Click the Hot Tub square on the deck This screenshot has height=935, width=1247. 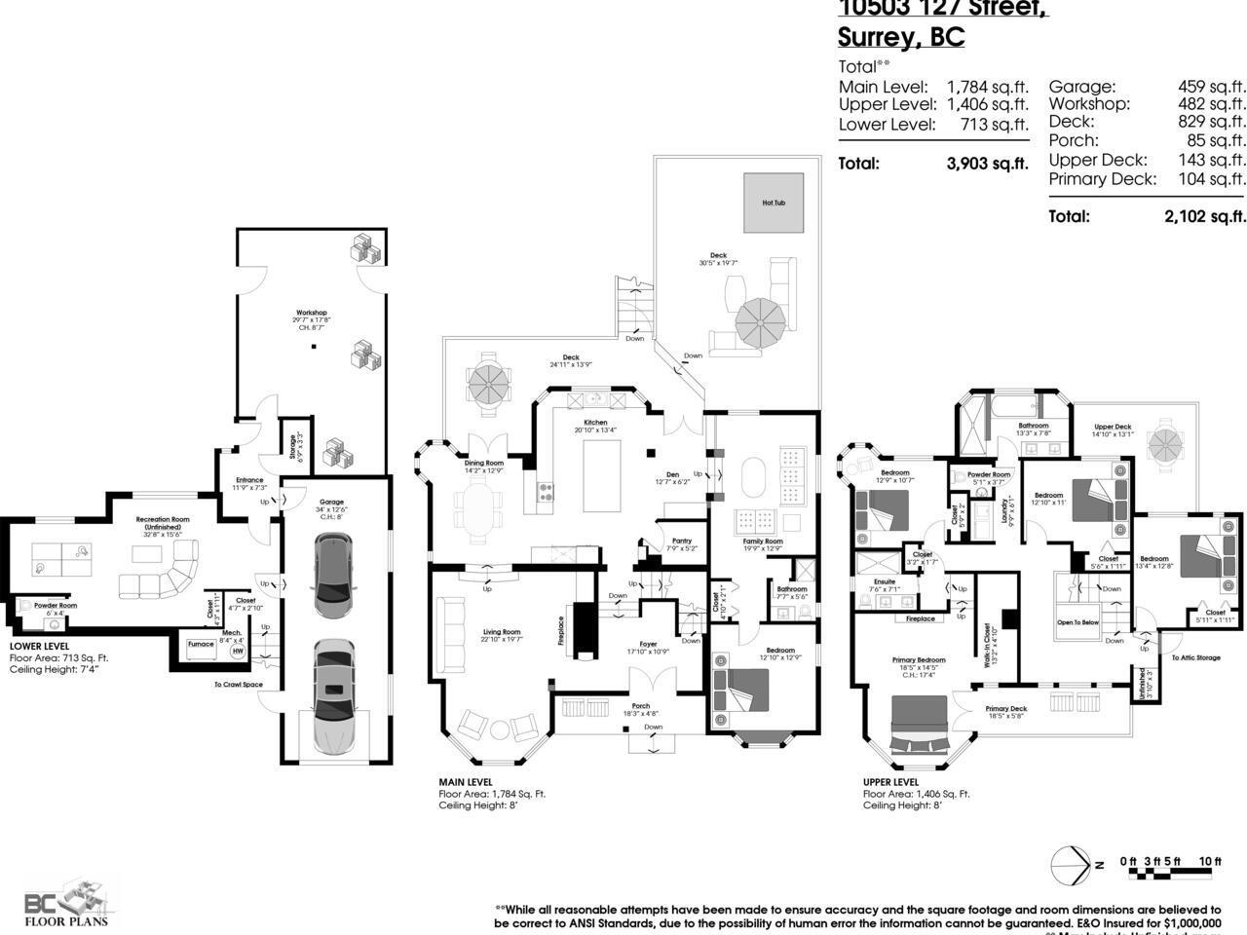coord(774,203)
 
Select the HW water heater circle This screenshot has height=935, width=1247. coord(238,652)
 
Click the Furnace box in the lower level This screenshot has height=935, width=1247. coord(201,644)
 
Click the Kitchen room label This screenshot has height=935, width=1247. coord(595,423)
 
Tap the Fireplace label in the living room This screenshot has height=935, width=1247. coord(561,630)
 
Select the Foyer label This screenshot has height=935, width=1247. coord(648,644)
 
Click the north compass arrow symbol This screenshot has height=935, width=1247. coord(1073,864)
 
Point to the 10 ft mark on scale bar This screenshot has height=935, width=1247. coord(1210,861)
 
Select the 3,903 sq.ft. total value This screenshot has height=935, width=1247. coord(987,164)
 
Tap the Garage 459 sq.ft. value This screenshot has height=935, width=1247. coord(1211,87)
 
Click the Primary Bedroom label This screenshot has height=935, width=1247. coord(919,659)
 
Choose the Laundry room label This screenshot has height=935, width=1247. coord(1004,511)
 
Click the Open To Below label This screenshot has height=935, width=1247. coord(1077,621)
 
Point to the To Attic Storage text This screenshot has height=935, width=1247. coord(1195,658)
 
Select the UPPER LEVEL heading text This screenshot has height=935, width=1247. coord(890,781)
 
